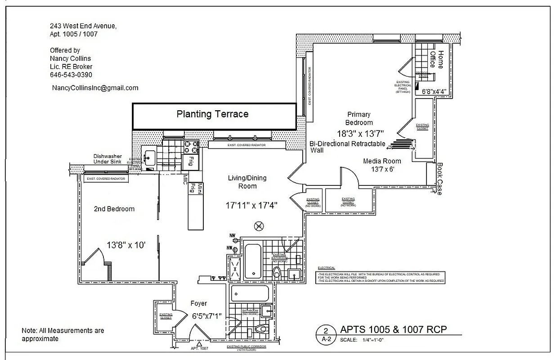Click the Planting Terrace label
click(212, 114)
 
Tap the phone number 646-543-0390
click(71, 75)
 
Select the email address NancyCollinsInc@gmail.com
click(95, 88)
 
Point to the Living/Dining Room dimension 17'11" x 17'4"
click(251, 205)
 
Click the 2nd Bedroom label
click(114, 209)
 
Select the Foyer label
click(198, 303)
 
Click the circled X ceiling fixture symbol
click(259, 226)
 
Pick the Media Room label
click(382, 161)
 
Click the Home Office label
click(436, 59)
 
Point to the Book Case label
click(439, 179)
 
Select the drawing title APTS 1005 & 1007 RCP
click(393, 329)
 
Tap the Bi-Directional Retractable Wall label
click(347, 147)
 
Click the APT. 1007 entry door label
click(199, 348)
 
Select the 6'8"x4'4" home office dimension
click(434, 91)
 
